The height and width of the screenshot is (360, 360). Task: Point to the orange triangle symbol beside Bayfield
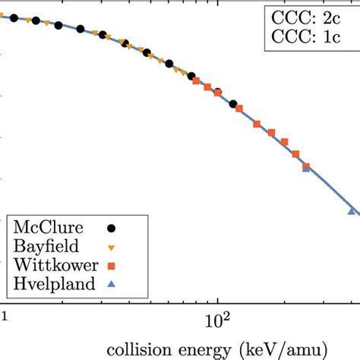tap(112, 247)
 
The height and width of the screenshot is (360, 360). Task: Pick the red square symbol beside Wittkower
tap(112, 265)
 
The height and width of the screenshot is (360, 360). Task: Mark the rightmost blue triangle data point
tap(352, 210)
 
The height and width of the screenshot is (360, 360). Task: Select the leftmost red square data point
tap(196, 81)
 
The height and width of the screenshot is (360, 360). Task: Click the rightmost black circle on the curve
tap(233, 104)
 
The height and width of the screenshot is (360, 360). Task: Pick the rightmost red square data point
tap(307, 166)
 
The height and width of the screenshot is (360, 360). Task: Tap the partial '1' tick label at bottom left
tap(4, 313)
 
